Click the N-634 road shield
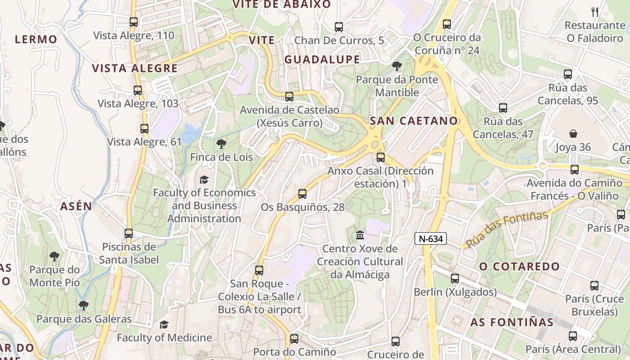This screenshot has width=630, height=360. point(430,239)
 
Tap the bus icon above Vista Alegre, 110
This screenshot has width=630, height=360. point(133,22)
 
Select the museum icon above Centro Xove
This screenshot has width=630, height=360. point(360,235)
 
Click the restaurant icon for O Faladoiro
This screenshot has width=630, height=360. point(594,12)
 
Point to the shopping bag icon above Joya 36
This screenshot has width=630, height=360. point(573,134)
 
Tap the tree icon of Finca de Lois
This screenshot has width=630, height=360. point(221,144)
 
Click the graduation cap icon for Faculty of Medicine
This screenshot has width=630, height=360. point(164,324)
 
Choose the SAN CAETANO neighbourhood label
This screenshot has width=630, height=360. point(414,121)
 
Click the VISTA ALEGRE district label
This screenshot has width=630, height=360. point(135,68)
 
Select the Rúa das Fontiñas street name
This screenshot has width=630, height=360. point(507,229)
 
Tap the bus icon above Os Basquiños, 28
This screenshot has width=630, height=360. point(302,194)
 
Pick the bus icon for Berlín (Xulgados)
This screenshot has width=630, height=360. point(455,279)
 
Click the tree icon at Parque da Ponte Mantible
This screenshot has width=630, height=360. point(396,67)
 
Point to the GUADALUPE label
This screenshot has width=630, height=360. point(322,59)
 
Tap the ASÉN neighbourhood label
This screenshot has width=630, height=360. point(76,207)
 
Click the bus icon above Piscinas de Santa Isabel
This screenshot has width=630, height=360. point(129,234)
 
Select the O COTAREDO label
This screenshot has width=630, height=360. point(519,266)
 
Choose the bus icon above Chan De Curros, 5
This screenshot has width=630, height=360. point(339,27)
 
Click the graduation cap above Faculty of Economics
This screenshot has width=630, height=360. point(204,180)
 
